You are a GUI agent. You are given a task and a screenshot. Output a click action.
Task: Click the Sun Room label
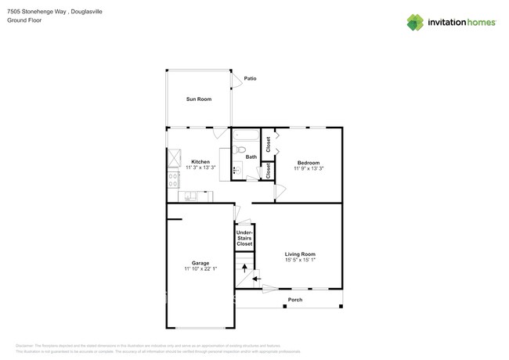click(199, 99)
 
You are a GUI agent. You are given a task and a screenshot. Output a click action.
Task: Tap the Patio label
click(251, 78)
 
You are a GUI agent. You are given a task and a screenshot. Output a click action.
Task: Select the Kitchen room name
click(200, 162)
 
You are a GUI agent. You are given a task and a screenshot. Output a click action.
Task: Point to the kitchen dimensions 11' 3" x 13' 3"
click(200, 167)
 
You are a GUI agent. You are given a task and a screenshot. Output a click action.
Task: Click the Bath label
click(251, 157)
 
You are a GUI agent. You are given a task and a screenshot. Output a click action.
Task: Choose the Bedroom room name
click(309, 163)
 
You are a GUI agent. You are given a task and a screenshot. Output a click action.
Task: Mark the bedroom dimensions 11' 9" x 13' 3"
click(309, 168)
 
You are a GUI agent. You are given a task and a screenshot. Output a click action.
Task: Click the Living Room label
click(300, 254)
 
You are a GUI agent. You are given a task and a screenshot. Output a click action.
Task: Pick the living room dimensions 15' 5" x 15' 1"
click(300, 260)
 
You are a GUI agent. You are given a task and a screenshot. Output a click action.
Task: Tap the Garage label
click(200, 263)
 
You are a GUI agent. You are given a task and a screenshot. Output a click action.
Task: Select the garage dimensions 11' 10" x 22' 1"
click(200, 268)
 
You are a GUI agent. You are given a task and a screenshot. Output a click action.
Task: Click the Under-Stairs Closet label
click(245, 238)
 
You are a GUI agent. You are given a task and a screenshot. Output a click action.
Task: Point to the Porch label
click(295, 300)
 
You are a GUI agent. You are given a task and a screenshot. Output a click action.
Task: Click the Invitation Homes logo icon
click(415, 23)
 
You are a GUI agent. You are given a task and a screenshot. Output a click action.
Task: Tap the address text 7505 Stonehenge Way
click(38, 12)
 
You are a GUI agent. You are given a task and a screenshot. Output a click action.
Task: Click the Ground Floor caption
click(24, 20)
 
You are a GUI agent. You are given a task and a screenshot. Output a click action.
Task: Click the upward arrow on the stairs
click(244, 268)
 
